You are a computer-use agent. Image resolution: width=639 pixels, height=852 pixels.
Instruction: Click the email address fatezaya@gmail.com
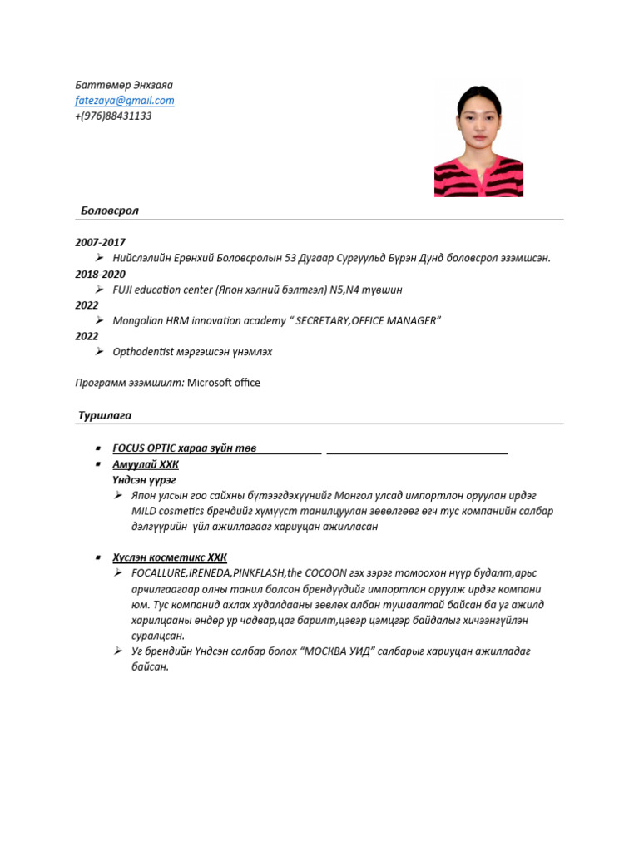[x=125, y=101]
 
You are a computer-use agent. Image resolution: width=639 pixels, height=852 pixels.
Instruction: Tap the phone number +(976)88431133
[x=113, y=116]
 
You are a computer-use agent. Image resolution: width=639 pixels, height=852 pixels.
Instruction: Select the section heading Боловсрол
[x=108, y=211]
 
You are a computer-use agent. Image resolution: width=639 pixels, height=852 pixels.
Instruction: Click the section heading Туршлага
[x=105, y=414]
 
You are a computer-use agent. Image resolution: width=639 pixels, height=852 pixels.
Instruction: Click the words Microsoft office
[x=224, y=383]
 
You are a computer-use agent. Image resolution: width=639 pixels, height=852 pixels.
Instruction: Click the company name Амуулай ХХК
[x=145, y=464]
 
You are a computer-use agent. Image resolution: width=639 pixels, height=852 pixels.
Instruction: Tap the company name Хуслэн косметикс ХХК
[x=169, y=557]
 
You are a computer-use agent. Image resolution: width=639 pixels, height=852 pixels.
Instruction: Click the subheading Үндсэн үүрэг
[x=144, y=480]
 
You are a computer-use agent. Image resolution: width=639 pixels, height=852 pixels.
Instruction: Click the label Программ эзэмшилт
[x=129, y=383]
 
